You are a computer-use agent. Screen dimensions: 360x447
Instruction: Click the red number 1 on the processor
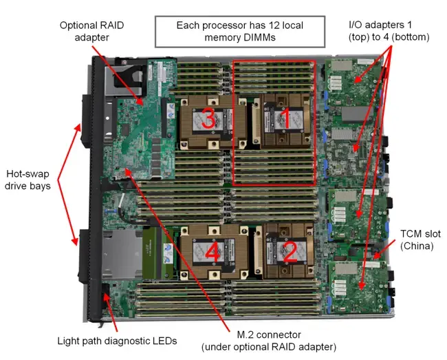tap(281, 118)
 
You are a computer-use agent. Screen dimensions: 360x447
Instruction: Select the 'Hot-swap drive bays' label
tap(28, 180)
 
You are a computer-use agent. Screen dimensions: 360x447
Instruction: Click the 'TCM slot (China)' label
tap(418, 240)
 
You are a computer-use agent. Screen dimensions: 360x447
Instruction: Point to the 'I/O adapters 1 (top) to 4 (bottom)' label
tap(389, 31)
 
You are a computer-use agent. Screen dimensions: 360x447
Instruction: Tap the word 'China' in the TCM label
tap(418, 246)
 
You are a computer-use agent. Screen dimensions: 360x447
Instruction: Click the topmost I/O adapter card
tap(355, 81)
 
